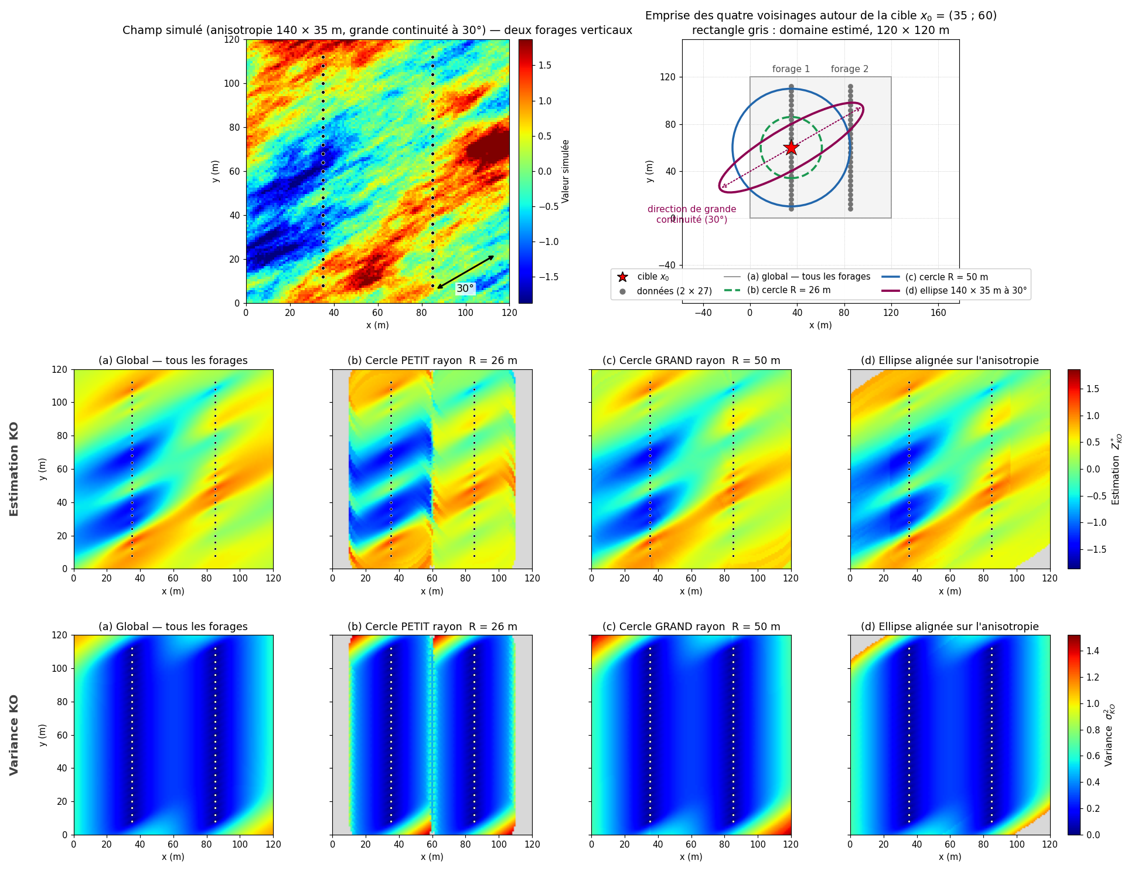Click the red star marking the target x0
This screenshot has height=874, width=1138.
pos(791,148)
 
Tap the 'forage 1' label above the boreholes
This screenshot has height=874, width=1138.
pos(791,69)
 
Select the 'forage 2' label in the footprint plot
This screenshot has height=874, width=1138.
pos(850,69)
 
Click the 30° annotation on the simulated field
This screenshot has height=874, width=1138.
pos(465,288)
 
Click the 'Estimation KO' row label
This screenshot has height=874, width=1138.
pos(14,469)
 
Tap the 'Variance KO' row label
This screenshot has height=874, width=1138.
pos(14,734)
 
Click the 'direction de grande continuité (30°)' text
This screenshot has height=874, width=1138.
pos(691,214)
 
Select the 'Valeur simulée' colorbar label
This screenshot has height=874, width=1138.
pos(565,171)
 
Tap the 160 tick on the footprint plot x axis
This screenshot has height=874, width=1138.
pos(938,312)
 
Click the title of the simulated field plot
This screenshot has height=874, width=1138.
pos(377,30)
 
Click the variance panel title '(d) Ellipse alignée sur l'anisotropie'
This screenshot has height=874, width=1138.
pos(950,627)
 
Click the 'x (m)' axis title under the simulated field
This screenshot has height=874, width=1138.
pos(377,325)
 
